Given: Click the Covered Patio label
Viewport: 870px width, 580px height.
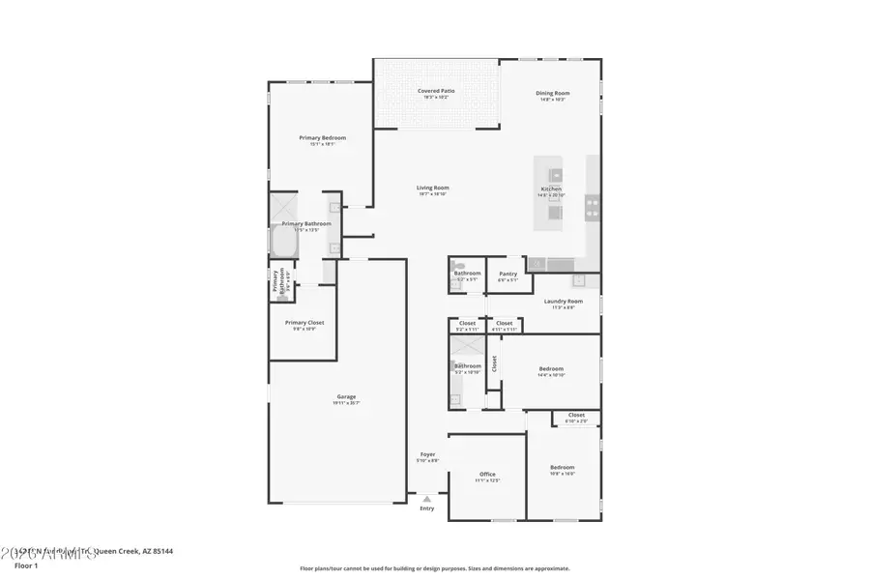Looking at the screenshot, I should click(x=436, y=91).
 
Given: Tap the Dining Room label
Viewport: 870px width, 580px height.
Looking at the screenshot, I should click(x=553, y=94).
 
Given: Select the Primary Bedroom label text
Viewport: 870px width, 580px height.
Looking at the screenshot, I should click(x=322, y=138).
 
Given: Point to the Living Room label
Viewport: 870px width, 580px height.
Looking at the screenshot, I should click(x=433, y=188).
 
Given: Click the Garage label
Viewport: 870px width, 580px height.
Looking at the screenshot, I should click(x=346, y=396).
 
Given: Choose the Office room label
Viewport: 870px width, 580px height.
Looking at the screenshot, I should click(x=487, y=474).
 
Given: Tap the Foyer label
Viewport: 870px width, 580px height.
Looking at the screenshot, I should click(x=427, y=454).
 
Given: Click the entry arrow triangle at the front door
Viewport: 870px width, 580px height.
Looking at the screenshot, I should click(x=426, y=499).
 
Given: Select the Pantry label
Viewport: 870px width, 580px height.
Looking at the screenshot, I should click(x=508, y=274).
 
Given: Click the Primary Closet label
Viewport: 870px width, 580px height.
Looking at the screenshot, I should click(x=304, y=323).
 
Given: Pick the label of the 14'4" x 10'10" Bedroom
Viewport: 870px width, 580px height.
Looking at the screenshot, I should click(x=551, y=369).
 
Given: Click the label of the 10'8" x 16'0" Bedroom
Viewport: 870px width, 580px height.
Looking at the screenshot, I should click(x=563, y=467).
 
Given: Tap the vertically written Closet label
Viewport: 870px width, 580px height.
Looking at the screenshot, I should click(x=494, y=363).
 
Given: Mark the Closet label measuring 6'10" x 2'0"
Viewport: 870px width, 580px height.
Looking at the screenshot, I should click(x=576, y=416).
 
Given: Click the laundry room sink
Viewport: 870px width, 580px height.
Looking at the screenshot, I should click(x=578, y=281).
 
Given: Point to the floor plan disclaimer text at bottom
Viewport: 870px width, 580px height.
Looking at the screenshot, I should click(x=434, y=568).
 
